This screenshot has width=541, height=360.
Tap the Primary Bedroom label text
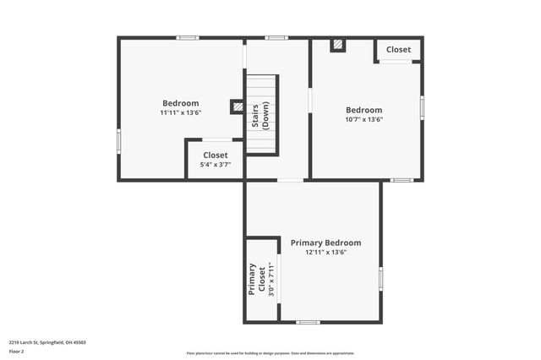[325, 243]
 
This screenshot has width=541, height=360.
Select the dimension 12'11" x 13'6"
[325, 252]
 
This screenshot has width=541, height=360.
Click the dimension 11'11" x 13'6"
[181, 112]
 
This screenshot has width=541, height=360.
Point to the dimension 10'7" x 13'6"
[363, 119]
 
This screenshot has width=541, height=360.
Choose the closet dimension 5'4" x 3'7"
[215, 165]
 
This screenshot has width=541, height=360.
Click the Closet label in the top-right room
[398, 50]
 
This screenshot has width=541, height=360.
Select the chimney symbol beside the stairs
[237, 106]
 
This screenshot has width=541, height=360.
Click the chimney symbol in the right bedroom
[337, 45]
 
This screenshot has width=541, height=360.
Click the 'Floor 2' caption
[17, 351]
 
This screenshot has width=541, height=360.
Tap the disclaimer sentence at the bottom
[270, 353]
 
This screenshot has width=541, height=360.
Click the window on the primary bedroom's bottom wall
[308, 322]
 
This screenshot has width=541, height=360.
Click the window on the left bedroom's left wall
[118, 140]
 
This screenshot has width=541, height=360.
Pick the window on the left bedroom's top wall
[188, 37]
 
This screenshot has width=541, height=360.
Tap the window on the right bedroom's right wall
[422, 108]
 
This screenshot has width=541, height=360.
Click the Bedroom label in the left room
[181, 103]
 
